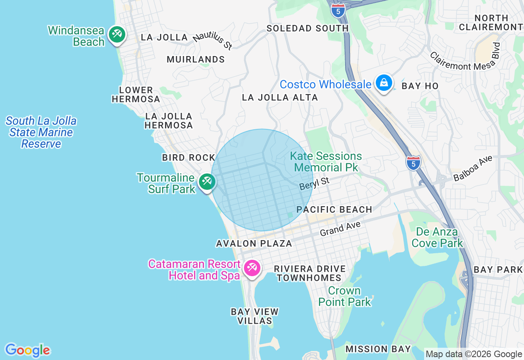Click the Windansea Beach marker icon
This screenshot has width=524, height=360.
pos(117,34)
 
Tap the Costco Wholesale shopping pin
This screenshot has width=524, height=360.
pos(384,83)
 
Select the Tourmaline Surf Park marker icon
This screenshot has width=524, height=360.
pos(207,181)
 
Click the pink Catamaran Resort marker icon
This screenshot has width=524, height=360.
pos(251,268)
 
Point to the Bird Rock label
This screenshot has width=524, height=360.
pos(189,157)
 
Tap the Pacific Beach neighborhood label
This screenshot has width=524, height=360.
pos(334,209)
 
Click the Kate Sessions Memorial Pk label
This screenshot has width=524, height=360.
pos(326,162)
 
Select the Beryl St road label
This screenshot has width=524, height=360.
pos(314,183)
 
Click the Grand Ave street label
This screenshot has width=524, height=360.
pos(340,229)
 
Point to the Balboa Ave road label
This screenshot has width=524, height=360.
pos(472,168)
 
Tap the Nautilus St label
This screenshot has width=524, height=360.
pos(212,41)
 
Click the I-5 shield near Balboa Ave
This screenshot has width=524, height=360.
pos(413,162)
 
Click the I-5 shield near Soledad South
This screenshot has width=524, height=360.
pos(338,10)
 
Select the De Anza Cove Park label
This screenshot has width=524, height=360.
pos(437,237)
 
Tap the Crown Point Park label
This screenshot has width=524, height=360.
pos(345,297)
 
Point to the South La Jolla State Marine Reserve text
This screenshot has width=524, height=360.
pos(41,132)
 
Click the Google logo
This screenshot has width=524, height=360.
pos(27,350)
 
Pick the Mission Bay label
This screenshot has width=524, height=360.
pos(378,349)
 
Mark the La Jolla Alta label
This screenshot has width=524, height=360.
pos(280,97)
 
